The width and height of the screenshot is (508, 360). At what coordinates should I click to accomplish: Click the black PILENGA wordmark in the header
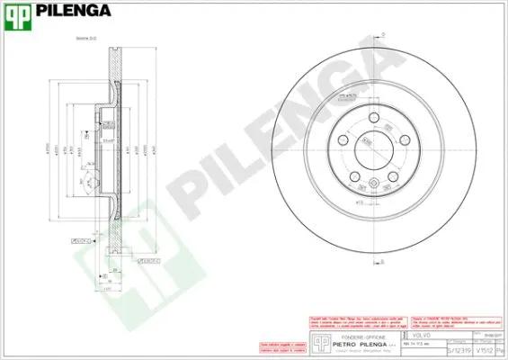73,12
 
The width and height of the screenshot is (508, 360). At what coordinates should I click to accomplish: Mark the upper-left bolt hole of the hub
343,142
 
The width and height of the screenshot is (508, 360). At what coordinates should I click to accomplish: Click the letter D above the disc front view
382,34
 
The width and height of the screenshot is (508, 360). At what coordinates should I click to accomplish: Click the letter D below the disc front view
381,261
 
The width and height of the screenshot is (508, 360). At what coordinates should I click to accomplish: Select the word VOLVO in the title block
423,334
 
